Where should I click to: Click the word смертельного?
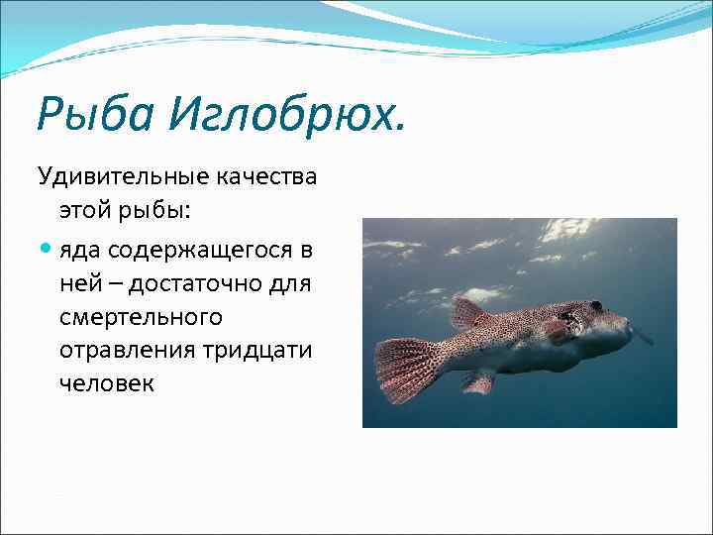(140, 318)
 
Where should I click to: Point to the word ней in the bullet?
(77, 284)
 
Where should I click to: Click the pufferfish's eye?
(596, 307)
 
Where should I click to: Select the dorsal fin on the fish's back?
(468, 315)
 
